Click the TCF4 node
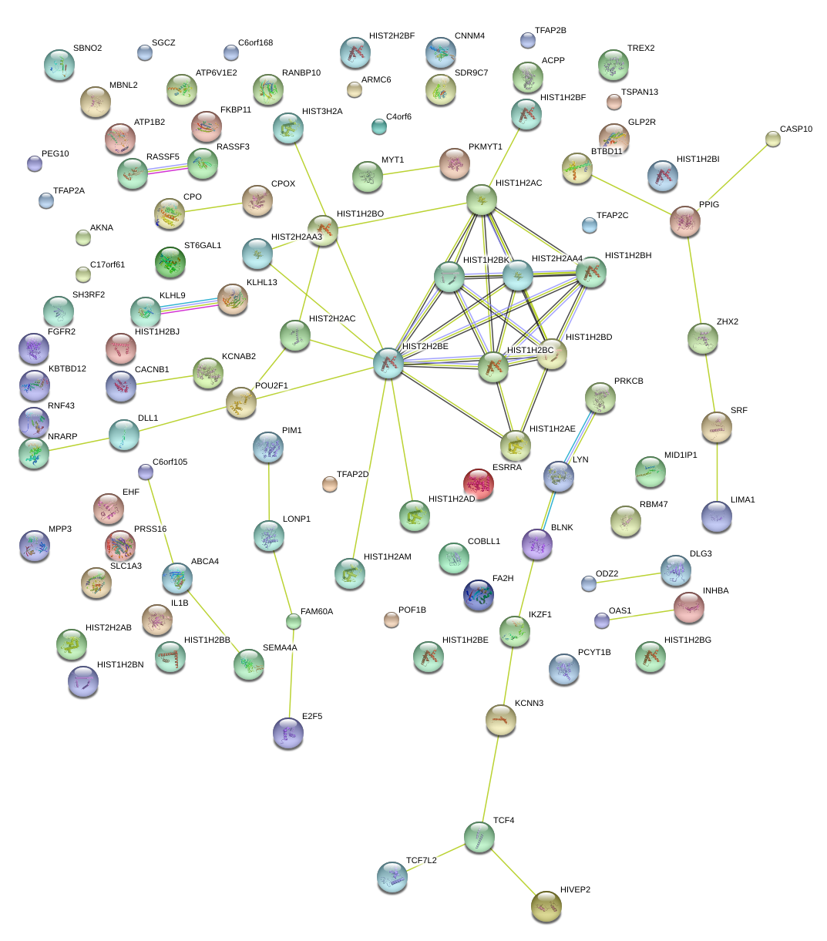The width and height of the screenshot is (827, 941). pyautogui.click(x=479, y=837)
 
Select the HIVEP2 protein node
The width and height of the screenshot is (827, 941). pyautogui.click(x=546, y=906)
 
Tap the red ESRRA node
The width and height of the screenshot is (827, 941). pyautogui.click(x=479, y=483)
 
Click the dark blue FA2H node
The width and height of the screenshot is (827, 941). pyautogui.click(x=479, y=595)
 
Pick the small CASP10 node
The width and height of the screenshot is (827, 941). pyautogui.click(x=773, y=139)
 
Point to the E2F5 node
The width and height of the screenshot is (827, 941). pyautogui.click(x=288, y=733)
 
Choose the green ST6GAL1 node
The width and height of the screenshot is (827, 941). pyautogui.click(x=170, y=262)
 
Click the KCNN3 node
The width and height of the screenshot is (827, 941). pyautogui.click(x=500, y=719)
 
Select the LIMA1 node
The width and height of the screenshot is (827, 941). pyautogui.click(x=717, y=516)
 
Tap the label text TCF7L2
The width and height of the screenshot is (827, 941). pyautogui.click(x=421, y=860)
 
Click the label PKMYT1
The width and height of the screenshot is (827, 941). pyautogui.click(x=485, y=147)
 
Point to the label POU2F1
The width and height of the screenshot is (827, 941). pyautogui.click(x=271, y=386)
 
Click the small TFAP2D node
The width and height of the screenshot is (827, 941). pyautogui.click(x=330, y=484)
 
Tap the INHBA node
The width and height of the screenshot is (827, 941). pyautogui.click(x=688, y=607)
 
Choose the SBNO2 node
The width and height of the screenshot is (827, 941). pyautogui.click(x=59, y=65)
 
